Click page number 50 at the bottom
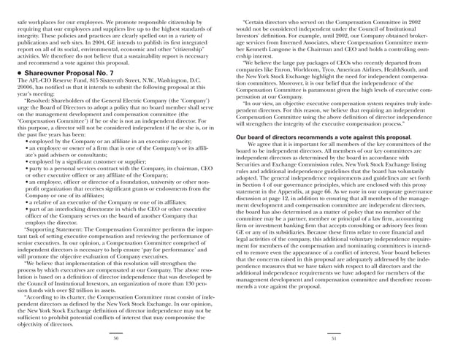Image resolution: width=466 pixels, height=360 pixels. pos(115,339)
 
